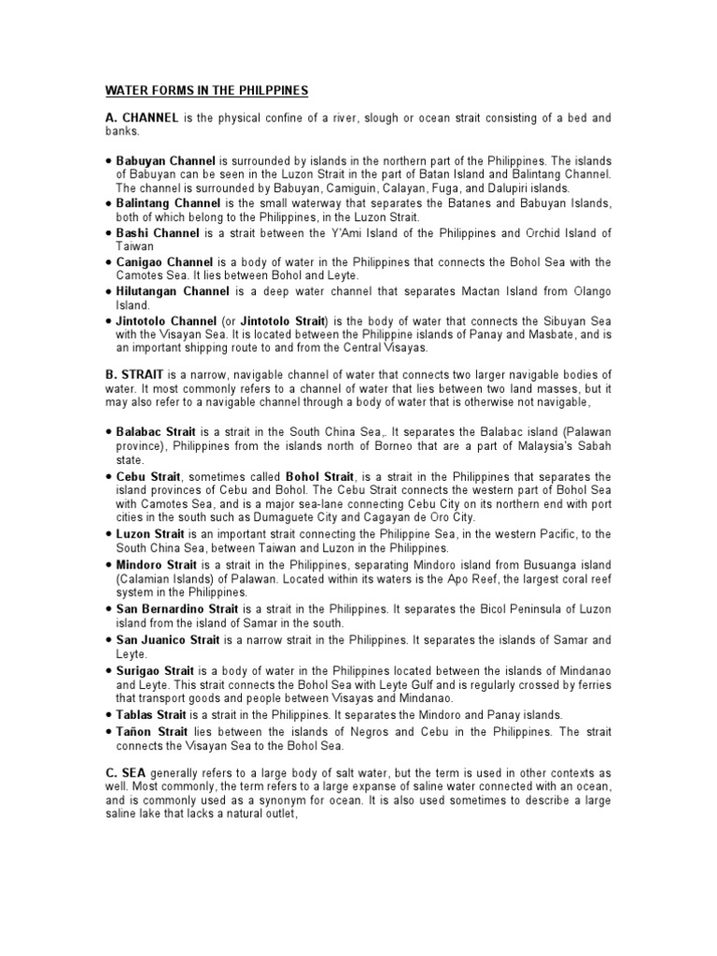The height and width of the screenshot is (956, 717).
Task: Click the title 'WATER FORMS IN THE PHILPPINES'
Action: [205, 91]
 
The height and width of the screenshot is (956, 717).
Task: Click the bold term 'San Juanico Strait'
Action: [168, 640]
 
